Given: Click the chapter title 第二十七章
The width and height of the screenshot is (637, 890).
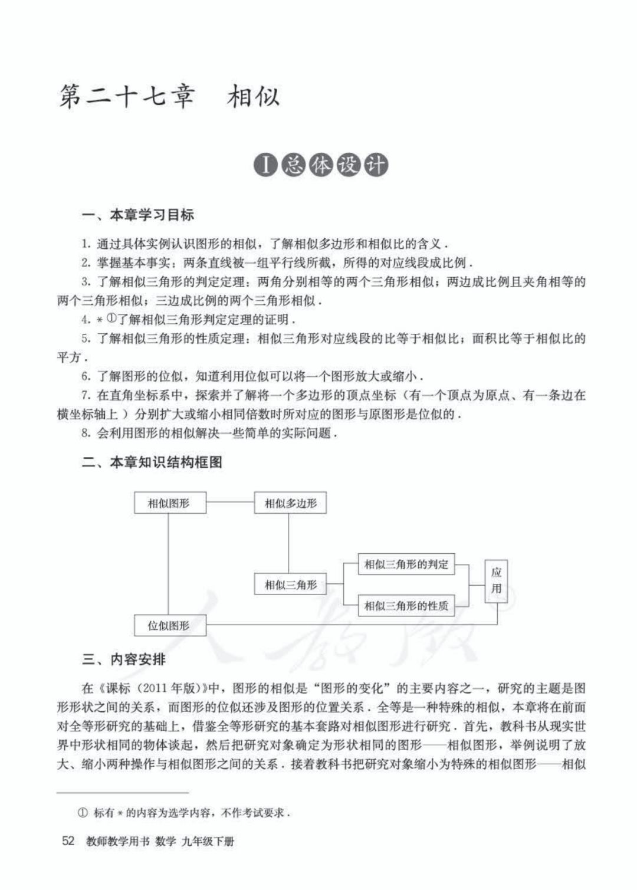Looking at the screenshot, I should coord(126,97).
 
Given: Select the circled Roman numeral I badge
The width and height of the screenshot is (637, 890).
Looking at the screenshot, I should coord(266,166).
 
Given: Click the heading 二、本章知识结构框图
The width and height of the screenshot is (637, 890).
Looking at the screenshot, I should coord(152,462).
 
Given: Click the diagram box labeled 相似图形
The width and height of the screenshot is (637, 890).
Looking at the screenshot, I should coord(169,503).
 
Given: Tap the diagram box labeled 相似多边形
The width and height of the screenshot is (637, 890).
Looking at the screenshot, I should coord(290,503).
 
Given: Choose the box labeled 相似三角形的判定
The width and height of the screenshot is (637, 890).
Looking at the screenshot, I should coord(406,564).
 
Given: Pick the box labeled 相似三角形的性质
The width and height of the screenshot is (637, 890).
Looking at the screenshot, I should coord(406,605).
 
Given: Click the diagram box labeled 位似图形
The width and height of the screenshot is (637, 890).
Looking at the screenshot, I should coord(169,625).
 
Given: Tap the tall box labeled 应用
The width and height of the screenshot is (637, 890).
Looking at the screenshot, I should coord(496,581).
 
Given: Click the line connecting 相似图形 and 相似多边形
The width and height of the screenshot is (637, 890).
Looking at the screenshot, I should coord(230,503).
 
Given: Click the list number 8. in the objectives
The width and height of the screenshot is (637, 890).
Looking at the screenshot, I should coord(86,433).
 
